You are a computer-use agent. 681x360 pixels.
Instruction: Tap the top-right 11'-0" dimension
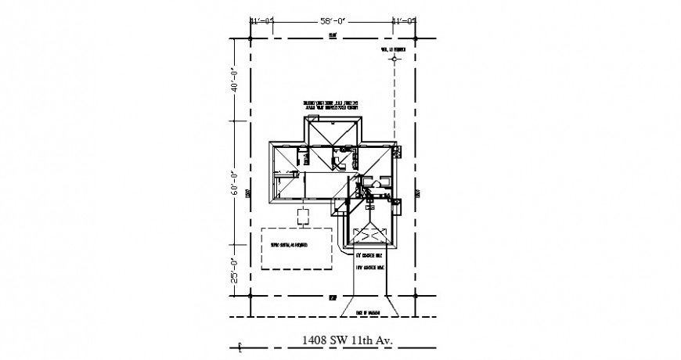point(404,22)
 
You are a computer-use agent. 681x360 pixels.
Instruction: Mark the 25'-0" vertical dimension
point(232,269)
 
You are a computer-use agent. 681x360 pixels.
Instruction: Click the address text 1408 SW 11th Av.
point(345,340)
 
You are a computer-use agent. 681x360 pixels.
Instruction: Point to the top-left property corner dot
point(250,37)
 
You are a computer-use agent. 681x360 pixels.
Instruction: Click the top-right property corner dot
point(414,37)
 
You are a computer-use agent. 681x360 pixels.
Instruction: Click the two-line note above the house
point(332,106)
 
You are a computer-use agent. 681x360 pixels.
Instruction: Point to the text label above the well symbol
point(393,49)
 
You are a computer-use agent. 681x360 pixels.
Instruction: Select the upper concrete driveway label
point(369,256)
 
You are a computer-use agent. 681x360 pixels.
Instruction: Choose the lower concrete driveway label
point(369,268)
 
